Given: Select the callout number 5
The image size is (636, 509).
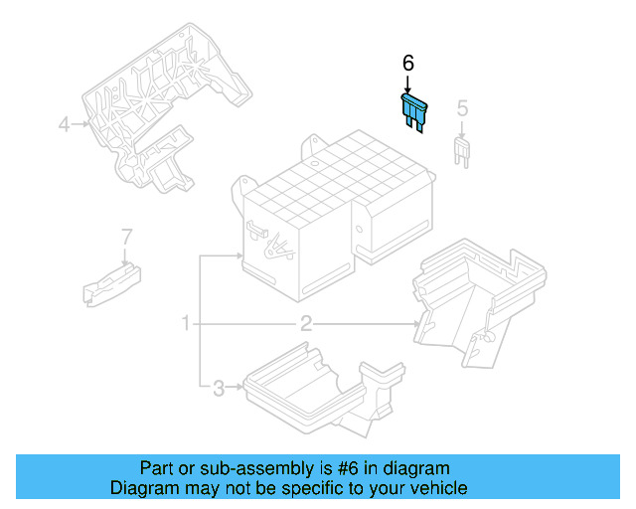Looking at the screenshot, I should coord(462,107).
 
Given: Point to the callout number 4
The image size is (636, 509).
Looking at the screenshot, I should coord(64,124).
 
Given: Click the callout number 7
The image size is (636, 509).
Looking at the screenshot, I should coord(126,237).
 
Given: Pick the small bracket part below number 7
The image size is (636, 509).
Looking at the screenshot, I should coord(109,280).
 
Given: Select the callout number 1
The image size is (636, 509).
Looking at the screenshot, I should coord(185,323).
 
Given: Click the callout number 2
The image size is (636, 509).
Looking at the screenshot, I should coord(306,323).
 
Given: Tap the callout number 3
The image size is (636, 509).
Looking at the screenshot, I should coord(218,388).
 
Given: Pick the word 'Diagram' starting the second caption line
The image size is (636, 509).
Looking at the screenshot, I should coord(141,488).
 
